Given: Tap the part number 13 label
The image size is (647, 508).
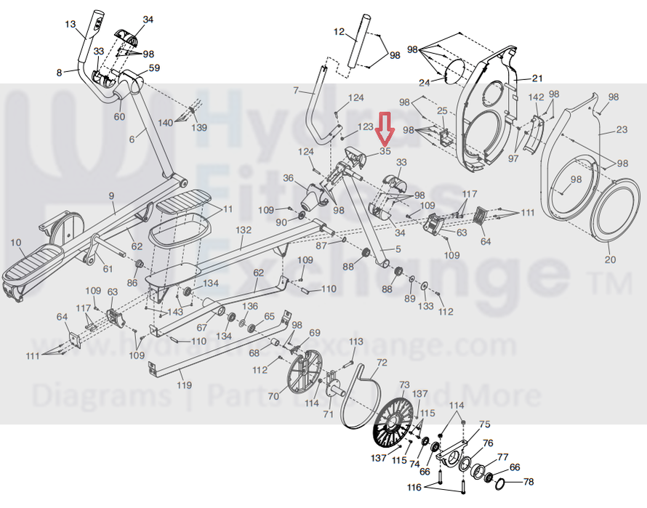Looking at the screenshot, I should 71,25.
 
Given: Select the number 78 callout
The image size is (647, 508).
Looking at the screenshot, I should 529,482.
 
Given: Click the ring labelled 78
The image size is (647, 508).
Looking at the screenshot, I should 506,483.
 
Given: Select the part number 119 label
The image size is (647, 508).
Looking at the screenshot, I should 185,384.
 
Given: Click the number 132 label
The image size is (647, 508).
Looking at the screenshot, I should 244,229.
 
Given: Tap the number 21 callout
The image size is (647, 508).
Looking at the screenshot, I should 537,78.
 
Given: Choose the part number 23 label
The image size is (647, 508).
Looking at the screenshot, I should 622,130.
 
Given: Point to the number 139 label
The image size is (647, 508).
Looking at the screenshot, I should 198,128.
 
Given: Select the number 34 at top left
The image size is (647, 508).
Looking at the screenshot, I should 148,20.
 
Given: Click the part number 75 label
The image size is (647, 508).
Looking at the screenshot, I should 484,424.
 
